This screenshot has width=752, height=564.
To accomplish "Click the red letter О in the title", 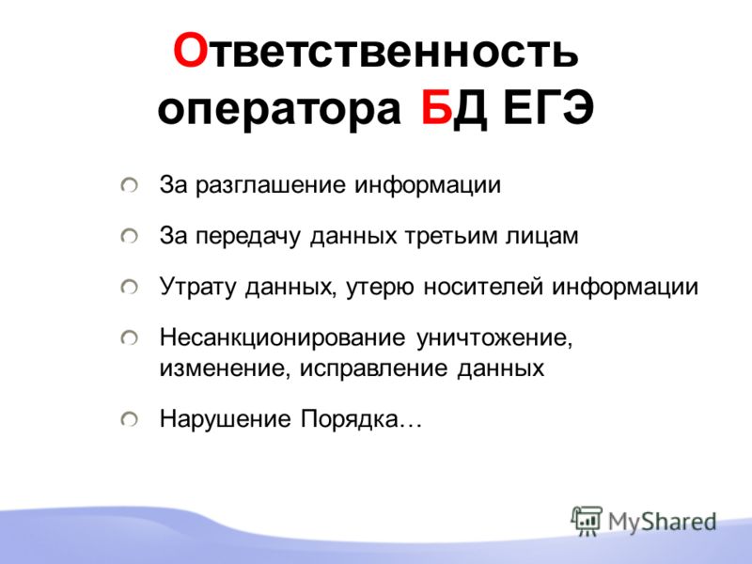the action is point(190,51).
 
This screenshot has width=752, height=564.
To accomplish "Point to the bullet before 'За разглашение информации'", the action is point(129,185).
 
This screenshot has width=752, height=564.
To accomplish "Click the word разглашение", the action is point(270,185).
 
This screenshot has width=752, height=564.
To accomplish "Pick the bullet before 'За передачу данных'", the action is point(129,236).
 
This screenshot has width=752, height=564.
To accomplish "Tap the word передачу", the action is point(248,237).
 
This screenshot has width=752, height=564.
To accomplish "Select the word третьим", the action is point(450,236).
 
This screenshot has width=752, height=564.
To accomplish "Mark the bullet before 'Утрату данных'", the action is point(129,287).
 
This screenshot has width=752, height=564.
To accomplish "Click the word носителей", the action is point(483,287).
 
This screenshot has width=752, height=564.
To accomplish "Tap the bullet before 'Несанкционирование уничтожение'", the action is point(129,337).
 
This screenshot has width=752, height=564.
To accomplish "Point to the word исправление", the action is point(374,368).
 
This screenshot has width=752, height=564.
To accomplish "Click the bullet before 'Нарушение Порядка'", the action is point(129,419).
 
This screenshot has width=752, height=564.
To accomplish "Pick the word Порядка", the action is point(350,419).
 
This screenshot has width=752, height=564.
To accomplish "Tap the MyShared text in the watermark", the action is point(662,522).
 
